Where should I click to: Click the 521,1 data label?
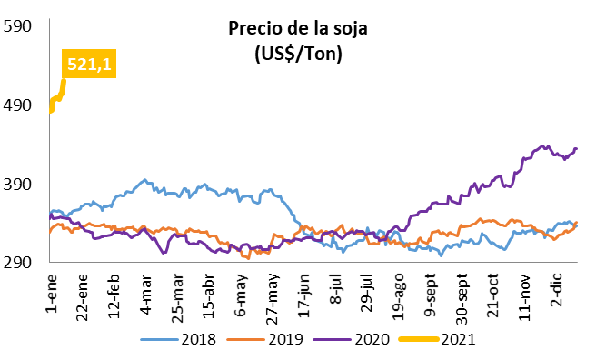(89, 64)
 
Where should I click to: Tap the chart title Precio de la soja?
(298, 28)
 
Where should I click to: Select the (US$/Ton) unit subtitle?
(298, 54)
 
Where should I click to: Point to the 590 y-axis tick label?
(16, 26)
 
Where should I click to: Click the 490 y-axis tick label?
(16, 105)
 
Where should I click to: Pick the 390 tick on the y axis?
(16, 185)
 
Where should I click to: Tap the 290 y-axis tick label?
(16, 263)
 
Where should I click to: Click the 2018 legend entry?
(178, 339)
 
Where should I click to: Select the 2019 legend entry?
(265, 339)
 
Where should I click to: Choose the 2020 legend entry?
(352, 339)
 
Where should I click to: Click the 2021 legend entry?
(438, 339)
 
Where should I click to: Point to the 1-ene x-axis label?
(51, 293)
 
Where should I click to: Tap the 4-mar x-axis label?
(145, 294)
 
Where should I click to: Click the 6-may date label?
(241, 295)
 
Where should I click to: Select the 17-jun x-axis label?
(304, 295)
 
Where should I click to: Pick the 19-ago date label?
(399, 296)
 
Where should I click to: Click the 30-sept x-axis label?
(462, 299)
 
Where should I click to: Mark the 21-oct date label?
(493, 296)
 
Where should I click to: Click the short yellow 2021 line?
(57, 98)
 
